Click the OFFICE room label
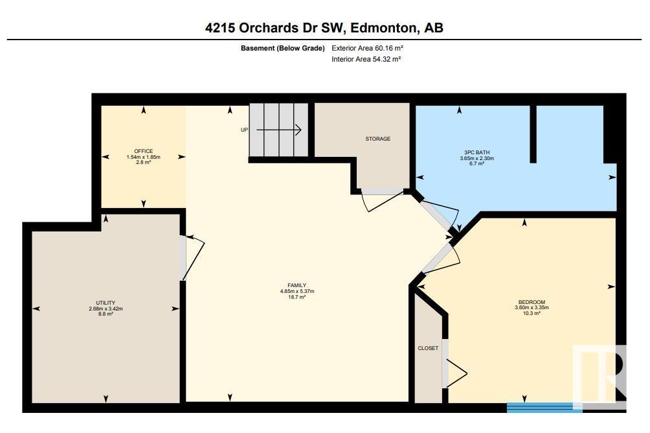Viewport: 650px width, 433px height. tap(144, 151)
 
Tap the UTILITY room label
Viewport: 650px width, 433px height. tap(106, 303)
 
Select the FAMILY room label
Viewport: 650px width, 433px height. tap(297, 285)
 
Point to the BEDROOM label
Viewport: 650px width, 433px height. tap(532, 302)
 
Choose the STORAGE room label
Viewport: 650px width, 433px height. tap(377, 139)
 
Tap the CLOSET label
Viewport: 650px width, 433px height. tap(428, 348)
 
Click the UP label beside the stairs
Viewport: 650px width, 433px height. tap(244, 130)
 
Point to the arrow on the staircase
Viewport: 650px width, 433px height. tap(278, 130)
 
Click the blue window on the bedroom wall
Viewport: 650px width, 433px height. tap(544, 407)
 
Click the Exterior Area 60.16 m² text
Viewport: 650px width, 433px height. tap(367, 48)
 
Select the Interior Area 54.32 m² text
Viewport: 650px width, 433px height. tap(366, 59)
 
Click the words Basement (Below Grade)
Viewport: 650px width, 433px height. tap(283, 48)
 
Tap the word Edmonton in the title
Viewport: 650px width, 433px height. tap(384, 28)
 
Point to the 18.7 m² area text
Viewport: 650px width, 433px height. tap(297, 297)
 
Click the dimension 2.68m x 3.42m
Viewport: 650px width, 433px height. tap(106, 309)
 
